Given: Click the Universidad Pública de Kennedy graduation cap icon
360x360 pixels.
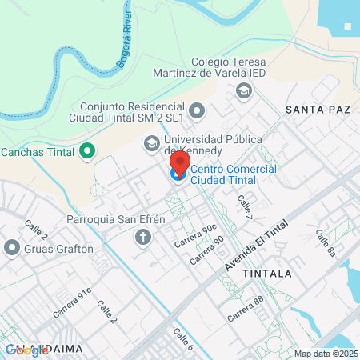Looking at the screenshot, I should tap(150, 144).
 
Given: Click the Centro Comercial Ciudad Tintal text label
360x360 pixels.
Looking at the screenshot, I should tap(234, 174).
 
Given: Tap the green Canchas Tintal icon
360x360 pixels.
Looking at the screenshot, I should tap(87, 151).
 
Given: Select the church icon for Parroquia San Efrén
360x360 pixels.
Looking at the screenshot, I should tap(143, 237).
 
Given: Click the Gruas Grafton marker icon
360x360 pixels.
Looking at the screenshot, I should tap(11, 248).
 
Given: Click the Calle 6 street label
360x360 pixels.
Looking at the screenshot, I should tap(183, 341).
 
